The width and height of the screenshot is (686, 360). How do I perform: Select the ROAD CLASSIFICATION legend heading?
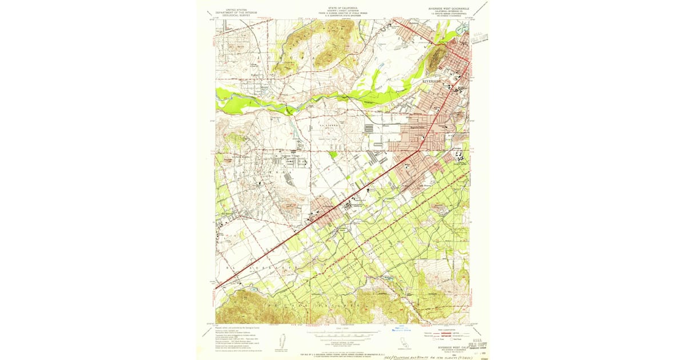pos(448,329)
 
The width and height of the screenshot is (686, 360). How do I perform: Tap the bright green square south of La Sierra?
pos(333,154)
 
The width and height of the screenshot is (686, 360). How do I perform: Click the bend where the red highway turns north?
pos(420,150)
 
